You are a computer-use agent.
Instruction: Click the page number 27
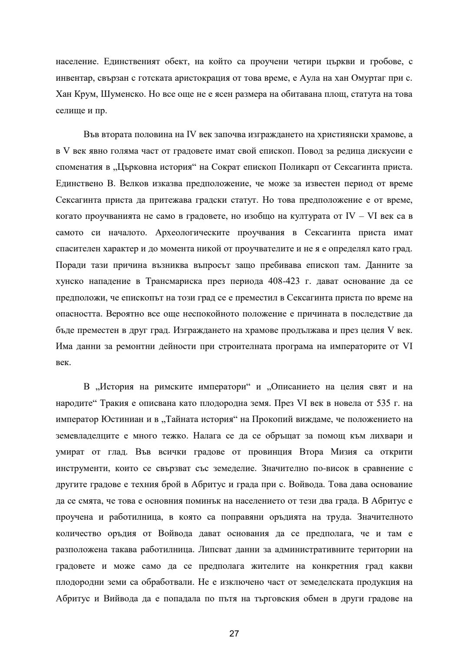click(x=234, y=633)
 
